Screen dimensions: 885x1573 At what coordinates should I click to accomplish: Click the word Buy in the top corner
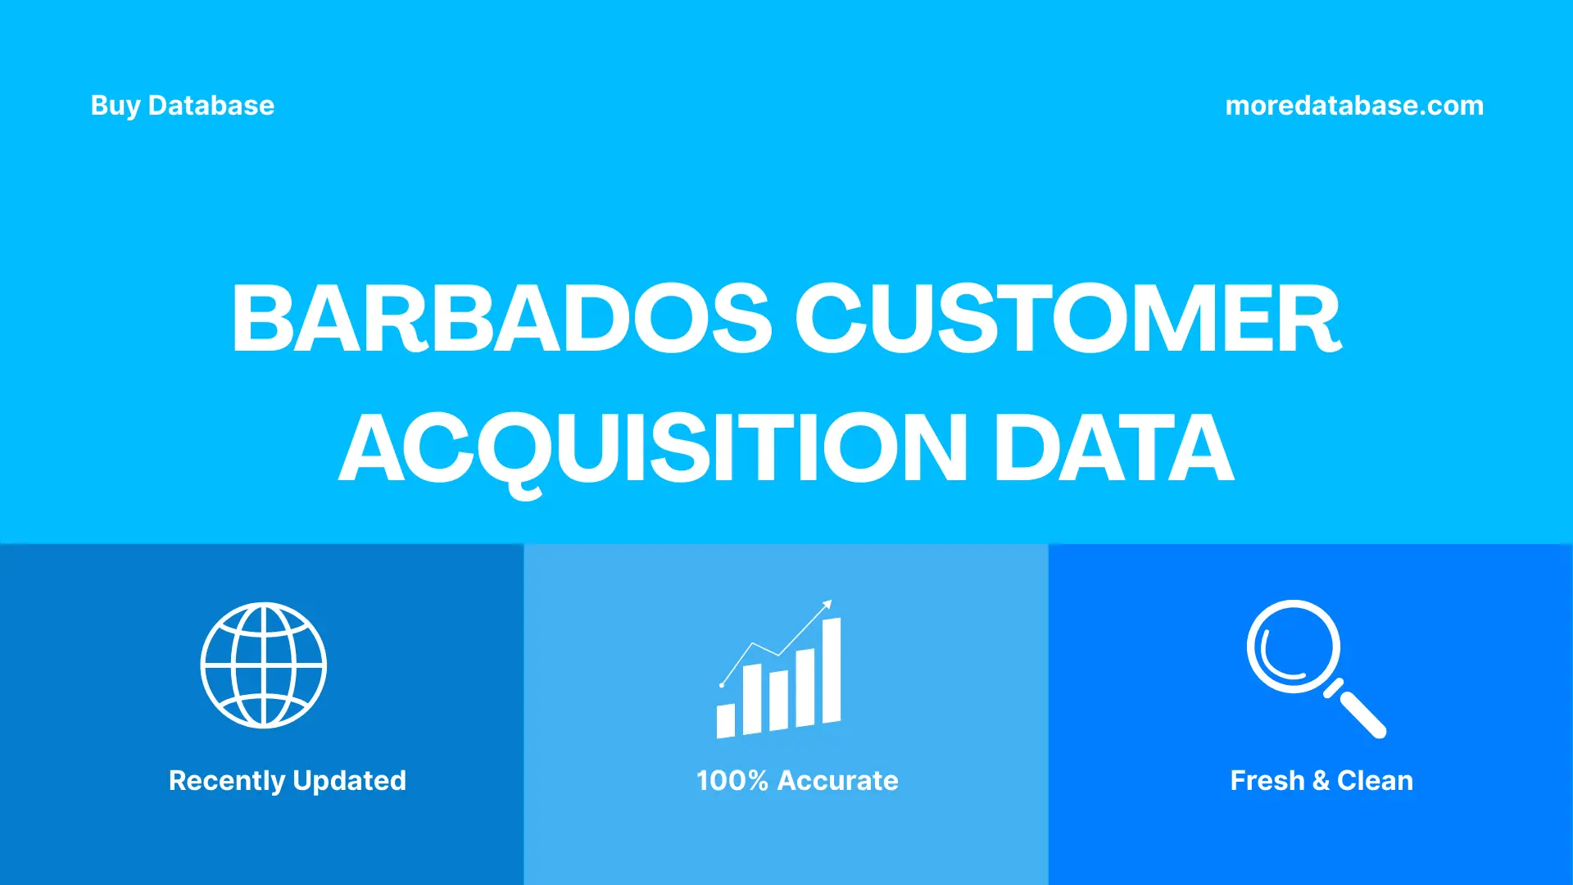[115, 107]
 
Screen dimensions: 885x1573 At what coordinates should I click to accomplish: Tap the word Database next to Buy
[211, 106]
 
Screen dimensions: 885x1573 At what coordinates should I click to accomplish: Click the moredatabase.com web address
[1353, 106]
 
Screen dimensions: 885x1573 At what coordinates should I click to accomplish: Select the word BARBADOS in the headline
[501, 319]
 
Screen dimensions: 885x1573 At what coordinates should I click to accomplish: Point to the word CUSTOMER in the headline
[1068, 319]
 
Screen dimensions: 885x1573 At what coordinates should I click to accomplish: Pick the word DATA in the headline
[1113, 448]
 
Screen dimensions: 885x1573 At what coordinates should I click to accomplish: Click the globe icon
[264, 665]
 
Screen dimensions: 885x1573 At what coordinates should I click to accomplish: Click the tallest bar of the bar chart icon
[831, 671]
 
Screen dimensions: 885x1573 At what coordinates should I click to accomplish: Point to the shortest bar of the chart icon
[725, 720]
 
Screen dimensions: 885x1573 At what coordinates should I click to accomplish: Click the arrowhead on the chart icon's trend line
[827, 605]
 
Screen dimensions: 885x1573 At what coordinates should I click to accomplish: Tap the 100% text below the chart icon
[732, 781]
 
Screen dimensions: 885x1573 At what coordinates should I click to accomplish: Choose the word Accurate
[837, 781]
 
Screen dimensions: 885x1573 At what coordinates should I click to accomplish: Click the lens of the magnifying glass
[1293, 647]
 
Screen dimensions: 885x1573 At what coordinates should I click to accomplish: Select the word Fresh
[1267, 781]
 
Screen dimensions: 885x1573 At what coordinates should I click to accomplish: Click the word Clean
[1375, 781]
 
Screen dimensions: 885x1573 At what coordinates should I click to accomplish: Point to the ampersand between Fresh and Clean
[1321, 781]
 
